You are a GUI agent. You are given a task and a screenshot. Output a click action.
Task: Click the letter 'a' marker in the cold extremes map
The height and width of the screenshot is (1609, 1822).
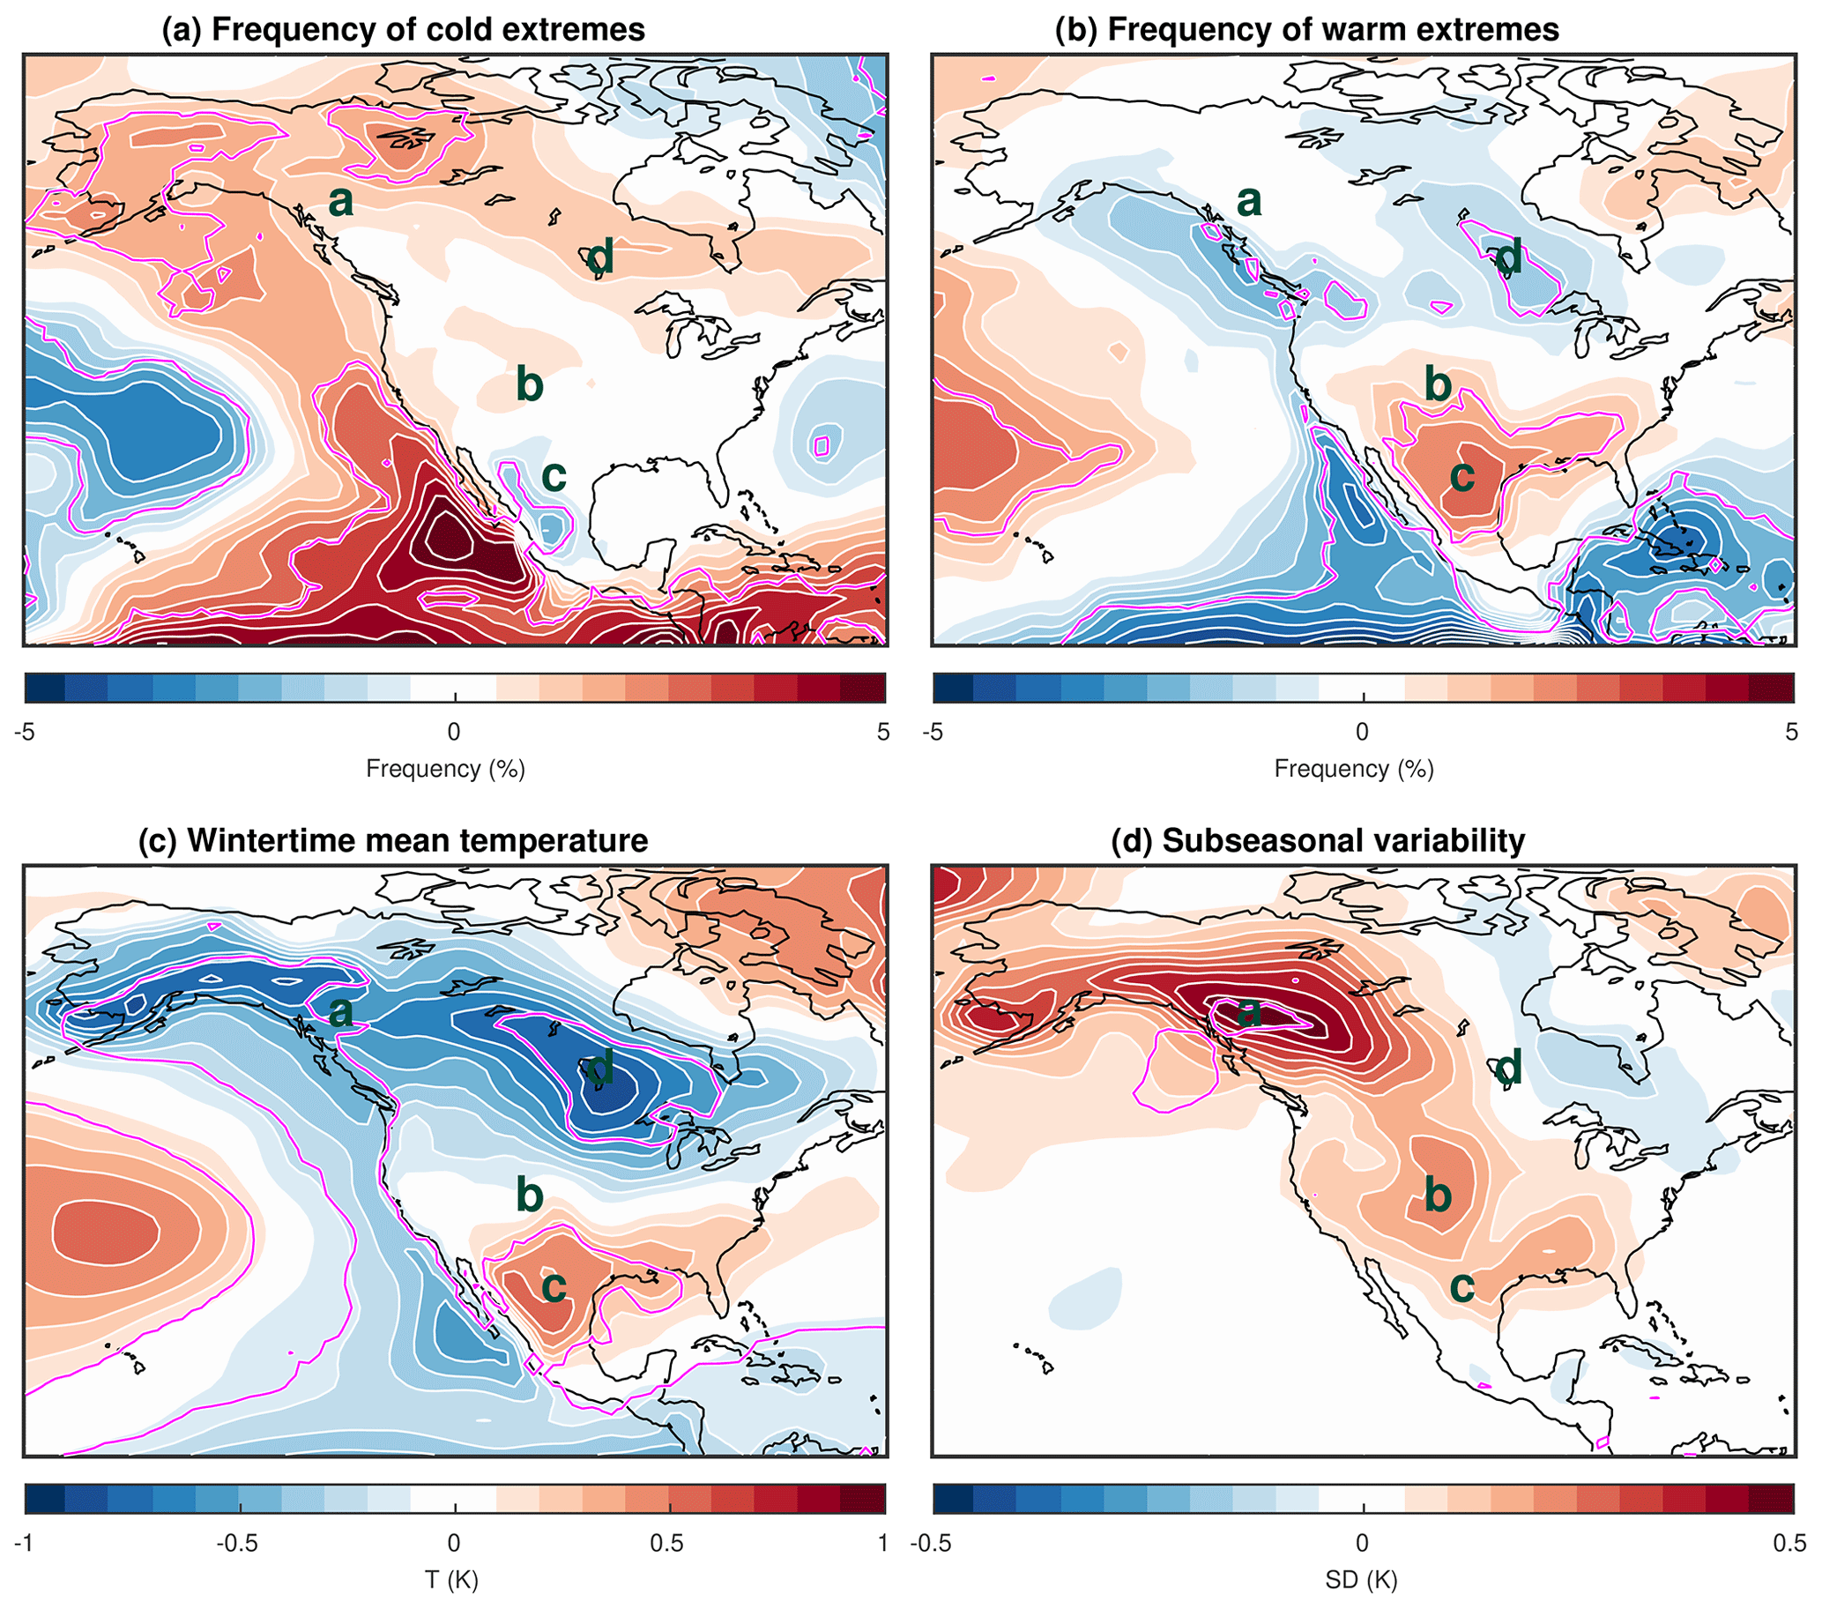[340, 203]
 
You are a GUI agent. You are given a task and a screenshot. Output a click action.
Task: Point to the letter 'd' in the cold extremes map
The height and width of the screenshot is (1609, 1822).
[600, 258]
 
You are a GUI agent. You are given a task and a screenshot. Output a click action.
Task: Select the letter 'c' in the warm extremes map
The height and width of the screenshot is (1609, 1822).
[1461, 476]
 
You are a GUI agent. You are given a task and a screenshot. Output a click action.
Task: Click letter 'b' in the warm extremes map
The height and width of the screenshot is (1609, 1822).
[1438, 384]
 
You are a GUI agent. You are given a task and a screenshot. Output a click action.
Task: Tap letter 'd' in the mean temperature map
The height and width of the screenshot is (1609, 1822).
[600, 1068]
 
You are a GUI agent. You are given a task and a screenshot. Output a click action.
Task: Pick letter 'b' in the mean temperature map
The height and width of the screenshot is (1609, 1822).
[530, 1194]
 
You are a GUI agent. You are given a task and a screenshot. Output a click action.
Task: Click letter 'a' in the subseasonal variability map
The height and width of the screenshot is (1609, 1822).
[1249, 1012]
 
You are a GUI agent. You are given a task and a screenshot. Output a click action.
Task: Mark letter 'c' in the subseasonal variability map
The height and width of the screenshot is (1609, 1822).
[1461, 1286]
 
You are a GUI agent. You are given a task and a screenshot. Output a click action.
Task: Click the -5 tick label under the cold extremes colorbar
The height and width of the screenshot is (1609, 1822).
[25, 732]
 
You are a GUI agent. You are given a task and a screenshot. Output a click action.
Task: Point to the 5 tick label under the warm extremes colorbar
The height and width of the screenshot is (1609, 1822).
[1791, 732]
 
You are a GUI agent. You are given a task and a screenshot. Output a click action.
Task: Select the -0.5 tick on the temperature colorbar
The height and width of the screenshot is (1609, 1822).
[238, 1543]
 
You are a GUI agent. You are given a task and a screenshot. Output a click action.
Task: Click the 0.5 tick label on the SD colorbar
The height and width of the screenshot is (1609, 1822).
[1789, 1543]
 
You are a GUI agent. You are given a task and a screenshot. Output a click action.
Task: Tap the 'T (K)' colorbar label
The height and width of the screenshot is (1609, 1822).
[452, 1581]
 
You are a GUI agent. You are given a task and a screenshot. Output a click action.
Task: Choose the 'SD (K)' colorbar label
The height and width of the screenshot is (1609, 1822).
[1361, 1581]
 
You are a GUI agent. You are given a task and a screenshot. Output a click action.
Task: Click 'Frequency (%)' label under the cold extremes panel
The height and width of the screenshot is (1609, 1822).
[445, 769]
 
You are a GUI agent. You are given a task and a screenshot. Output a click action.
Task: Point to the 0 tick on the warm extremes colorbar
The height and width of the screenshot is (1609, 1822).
[1361, 732]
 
